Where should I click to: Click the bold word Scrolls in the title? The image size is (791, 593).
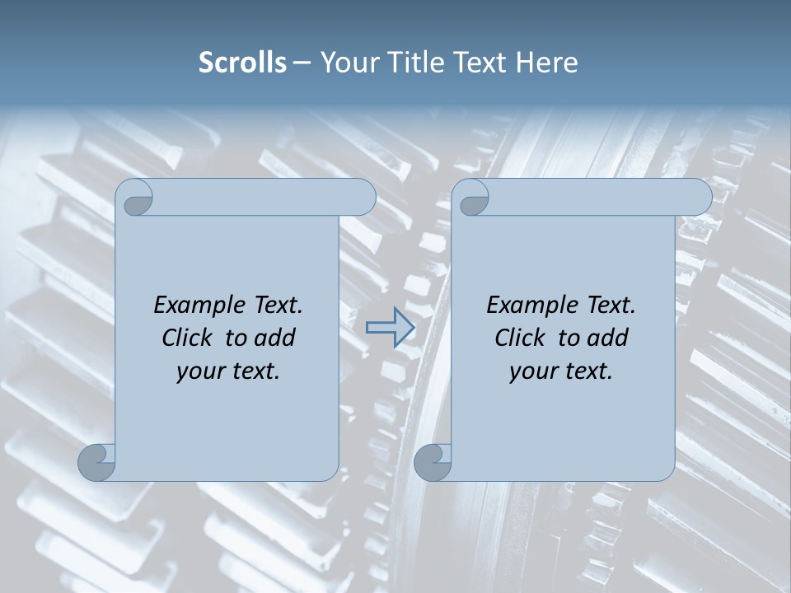[x=242, y=63]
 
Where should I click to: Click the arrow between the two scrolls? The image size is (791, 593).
[x=390, y=328]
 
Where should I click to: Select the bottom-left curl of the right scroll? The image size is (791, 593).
[x=433, y=462]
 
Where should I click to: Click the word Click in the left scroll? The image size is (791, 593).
[x=186, y=338]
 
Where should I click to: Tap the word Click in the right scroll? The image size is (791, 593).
[x=519, y=338]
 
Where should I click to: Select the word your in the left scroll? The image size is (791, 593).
[x=199, y=371]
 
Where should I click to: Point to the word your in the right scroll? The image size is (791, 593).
[x=531, y=371]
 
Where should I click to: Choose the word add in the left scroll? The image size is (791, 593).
[x=275, y=338]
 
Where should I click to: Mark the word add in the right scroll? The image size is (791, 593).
[x=608, y=338]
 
